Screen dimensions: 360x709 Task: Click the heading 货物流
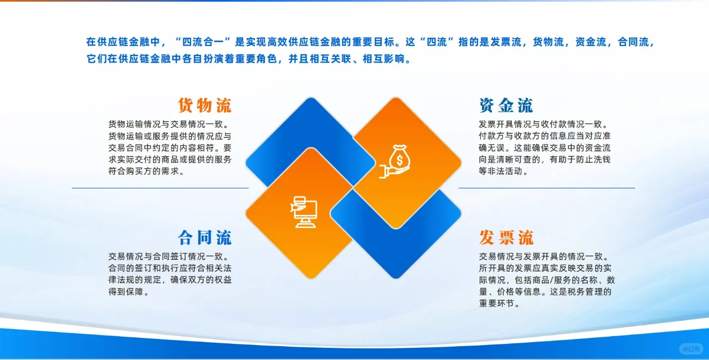[x=204, y=105]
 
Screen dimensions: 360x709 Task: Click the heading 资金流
[x=506, y=105]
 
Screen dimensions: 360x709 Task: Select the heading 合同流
[x=204, y=238]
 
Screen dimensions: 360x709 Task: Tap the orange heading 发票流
[x=506, y=238]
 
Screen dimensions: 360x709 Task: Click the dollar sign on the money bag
[x=399, y=159]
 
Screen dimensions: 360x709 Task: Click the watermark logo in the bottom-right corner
[x=691, y=349]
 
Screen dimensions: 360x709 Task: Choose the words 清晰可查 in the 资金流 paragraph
[x=522, y=160]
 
